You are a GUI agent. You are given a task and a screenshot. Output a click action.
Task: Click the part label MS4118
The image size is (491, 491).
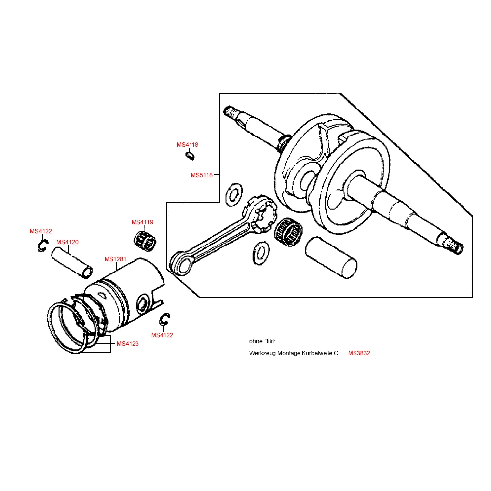188,145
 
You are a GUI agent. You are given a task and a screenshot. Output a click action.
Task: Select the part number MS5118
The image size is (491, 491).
202,175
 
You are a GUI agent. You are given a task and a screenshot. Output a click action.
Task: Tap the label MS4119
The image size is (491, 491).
142,222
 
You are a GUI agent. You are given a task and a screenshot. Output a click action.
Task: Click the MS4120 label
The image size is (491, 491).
67,242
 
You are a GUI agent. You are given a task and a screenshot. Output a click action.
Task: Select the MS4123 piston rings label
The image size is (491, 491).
128,344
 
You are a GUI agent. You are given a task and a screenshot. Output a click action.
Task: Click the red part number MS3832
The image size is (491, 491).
359,353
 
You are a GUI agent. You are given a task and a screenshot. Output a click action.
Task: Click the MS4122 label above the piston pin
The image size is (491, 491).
41,231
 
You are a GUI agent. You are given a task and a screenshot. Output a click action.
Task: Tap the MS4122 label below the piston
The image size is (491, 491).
162,335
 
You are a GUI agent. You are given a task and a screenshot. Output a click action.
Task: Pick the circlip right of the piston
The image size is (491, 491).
164,320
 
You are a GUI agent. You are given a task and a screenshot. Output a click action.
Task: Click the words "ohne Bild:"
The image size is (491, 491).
262,341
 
